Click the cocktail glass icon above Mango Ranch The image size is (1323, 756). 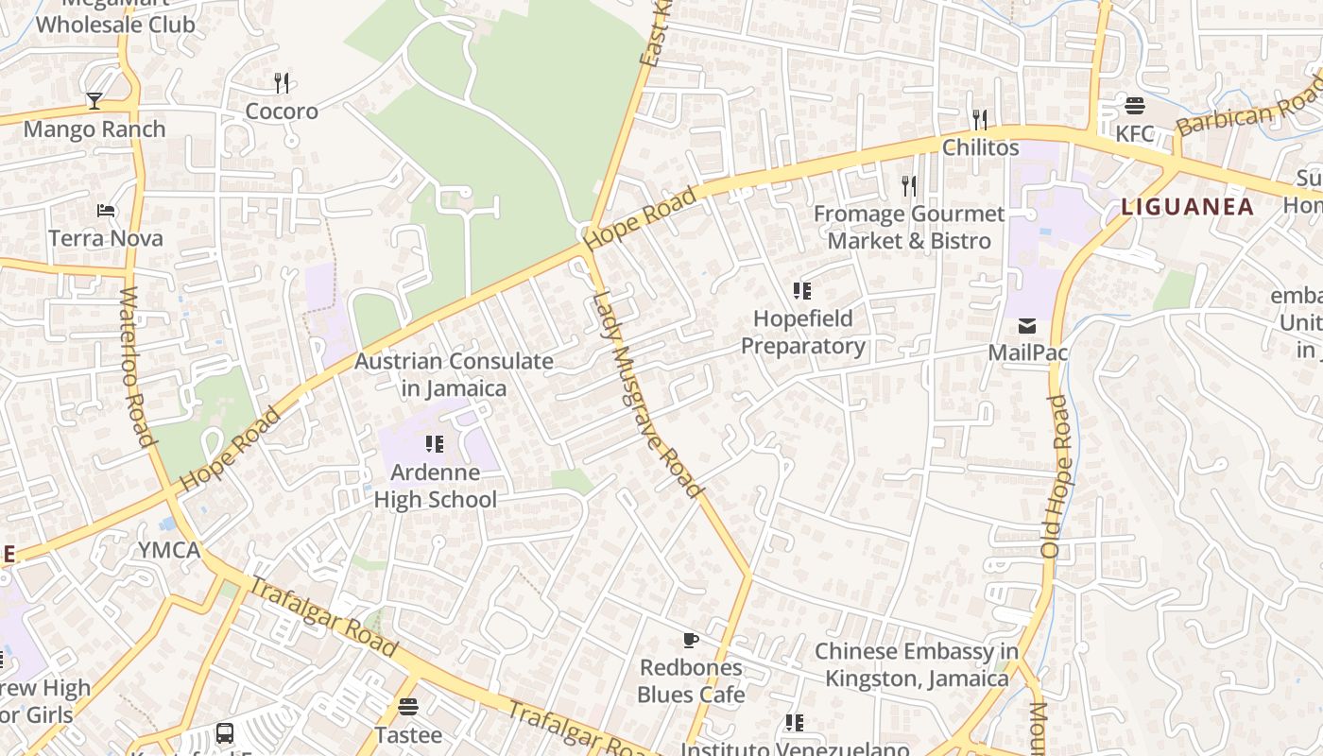pyautogui.click(x=94, y=100)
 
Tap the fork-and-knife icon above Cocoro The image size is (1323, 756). pyautogui.click(x=282, y=83)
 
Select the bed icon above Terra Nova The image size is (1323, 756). pyautogui.click(x=106, y=210)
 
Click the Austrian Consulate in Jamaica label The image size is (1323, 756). pyautogui.click(x=454, y=374)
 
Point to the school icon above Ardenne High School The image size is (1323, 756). pyautogui.click(x=435, y=443)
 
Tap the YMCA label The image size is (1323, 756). pyautogui.click(x=169, y=550)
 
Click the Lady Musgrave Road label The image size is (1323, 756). pyautogui.click(x=647, y=395)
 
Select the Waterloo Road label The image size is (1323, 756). pyautogui.click(x=138, y=367)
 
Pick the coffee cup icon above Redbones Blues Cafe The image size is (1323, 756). pyautogui.click(x=691, y=640)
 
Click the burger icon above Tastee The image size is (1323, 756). pyautogui.click(x=408, y=706)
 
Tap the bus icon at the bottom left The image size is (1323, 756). pyautogui.click(x=225, y=732)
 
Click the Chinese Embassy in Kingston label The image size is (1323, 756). pyautogui.click(x=916, y=664)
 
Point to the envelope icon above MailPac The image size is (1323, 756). pyautogui.click(x=1027, y=326)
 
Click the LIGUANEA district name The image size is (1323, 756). pyautogui.click(x=1187, y=207)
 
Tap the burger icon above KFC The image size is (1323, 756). pyautogui.click(x=1135, y=105)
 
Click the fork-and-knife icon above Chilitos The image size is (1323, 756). pyautogui.click(x=980, y=120)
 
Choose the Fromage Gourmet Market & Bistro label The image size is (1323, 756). pyautogui.click(x=908, y=228)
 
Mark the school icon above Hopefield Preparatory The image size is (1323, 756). pyautogui.click(x=802, y=291)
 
